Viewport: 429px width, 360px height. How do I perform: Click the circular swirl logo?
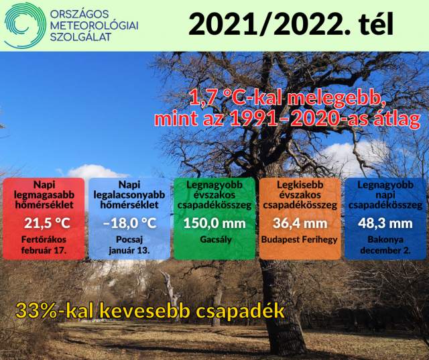[x=25, y=25]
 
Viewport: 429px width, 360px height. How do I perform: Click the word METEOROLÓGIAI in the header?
[x=94, y=25]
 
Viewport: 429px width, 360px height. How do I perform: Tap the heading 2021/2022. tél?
[x=291, y=23]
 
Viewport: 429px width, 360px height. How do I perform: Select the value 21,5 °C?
[x=47, y=223]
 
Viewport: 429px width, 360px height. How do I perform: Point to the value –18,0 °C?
[x=129, y=223]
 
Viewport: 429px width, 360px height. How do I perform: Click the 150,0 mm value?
[x=214, y=223]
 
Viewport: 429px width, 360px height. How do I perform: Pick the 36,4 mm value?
[x=300, y=223]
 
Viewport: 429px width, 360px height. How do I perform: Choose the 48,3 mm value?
[x=385, y=223]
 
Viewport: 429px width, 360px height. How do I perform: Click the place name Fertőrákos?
[x=44, y=239]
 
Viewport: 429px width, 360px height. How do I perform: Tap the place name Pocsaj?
[x=129, y=239]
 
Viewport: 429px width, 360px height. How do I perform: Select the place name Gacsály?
[x=216, y=239]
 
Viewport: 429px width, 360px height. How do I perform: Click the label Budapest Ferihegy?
[x=300, y=239]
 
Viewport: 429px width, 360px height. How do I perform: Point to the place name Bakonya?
[x=385, y=239]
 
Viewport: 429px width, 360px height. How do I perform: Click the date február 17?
[x=44, y=250]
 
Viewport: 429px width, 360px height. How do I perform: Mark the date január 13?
[x=129, y=250]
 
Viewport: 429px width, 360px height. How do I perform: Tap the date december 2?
[x=385, y=250]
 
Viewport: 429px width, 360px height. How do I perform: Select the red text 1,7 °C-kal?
[x=236, y=99]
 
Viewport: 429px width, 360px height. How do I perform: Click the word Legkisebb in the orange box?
[x=300, y=185]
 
